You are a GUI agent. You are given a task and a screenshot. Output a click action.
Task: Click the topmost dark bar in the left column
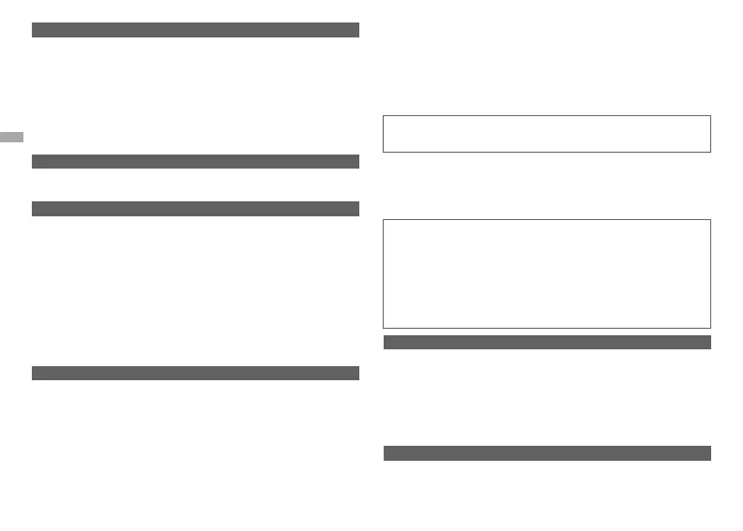pyautogui.click(x=196, y=30)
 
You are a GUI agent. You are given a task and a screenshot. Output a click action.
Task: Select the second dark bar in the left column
pyautogui.click(x=196, y=161)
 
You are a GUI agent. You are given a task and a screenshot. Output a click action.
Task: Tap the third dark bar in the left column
pyautogui.click(x=196, y=209)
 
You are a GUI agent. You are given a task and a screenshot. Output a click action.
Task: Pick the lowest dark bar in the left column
pyautogui.click(x=196, y=373)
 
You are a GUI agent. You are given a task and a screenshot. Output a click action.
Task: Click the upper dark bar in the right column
pyautogui.click(x=547, y=342)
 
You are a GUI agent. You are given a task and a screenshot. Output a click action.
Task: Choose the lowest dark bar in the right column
pyautogui.click(x=547, y=453)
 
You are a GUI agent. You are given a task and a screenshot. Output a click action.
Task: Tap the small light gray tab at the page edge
pyautogui.click(x=11, y=137)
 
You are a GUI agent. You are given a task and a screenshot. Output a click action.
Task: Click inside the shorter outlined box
pyautogui.click(x=547, y=134)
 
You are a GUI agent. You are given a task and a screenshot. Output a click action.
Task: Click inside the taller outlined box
pyautogui.click(x=547, y=273)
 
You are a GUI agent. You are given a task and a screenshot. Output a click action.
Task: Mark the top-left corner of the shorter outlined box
pyautogui.click(x=384, y=116)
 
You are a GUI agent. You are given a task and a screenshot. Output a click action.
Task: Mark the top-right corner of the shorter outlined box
pyautogui.click(x=711, y=116)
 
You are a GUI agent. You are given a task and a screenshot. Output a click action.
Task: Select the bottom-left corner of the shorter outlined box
pyautogui.click(x=384, y=152)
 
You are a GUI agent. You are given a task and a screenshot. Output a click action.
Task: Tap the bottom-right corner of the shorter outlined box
pyautogui.click(x=711, y=152)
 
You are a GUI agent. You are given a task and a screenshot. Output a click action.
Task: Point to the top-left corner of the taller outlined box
pyautogui.click(x=384, y=220)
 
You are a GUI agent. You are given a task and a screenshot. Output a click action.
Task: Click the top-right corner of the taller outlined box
pyautogui.click(x=711, y=220)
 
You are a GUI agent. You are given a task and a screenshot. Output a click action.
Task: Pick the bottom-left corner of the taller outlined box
pyautogui.click(x=384, y=328)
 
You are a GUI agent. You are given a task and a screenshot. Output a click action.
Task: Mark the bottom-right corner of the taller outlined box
pyautogui.click(x=711, y=328)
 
